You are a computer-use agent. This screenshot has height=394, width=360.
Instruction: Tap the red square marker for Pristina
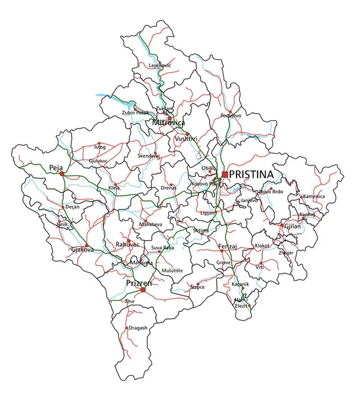pos(225,174)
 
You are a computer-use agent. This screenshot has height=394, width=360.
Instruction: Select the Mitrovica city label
pos(168,123)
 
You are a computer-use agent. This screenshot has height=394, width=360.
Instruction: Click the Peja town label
pos(55,168)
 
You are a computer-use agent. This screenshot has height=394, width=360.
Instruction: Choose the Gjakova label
pos(82,250)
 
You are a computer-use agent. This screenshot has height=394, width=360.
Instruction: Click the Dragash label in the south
pos(138,327)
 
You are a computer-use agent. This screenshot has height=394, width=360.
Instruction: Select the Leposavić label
pos(160,66)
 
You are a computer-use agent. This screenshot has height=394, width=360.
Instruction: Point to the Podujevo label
pos(231,115)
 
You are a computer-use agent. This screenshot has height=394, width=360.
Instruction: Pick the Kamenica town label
pos(314,196)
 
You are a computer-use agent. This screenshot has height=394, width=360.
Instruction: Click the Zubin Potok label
pos(136,113)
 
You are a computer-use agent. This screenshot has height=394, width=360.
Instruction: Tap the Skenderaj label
pos(148,156)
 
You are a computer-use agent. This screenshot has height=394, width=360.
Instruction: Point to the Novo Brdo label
pos(271,191)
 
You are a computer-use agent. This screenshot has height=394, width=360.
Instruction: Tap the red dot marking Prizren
pos(143,290)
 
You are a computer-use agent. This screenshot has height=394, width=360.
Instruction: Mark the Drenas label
pos(168,188)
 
